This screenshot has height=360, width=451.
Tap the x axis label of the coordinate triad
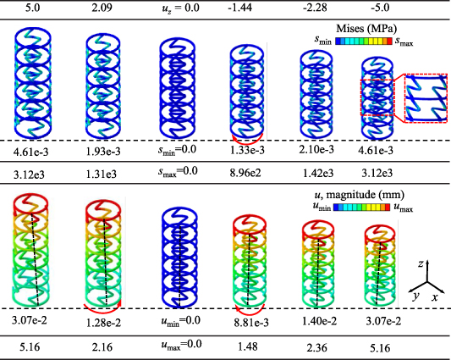coord(434,298)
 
